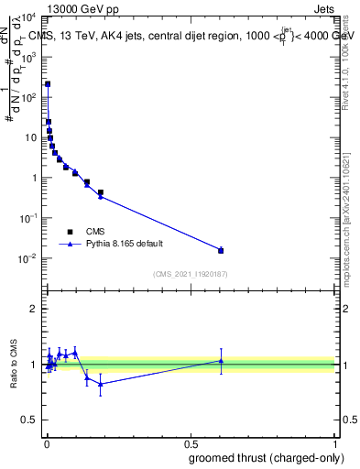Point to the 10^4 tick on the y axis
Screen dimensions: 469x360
(30, 16)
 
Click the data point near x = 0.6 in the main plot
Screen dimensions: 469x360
(221, 250)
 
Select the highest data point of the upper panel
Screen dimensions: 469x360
(48, 84)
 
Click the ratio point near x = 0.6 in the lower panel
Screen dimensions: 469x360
(221, 361)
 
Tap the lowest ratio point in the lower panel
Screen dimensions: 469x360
(100, 384)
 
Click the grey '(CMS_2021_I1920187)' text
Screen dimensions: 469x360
(190, 274)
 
